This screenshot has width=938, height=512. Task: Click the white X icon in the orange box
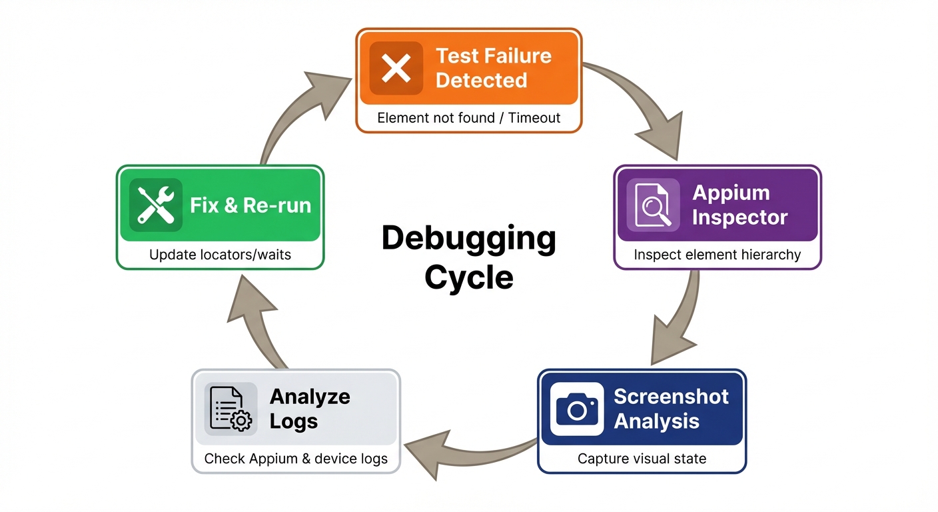pyautogui.click(x=396, y=68)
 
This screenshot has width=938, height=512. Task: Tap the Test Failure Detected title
pyautogui.click(x=493, y=68)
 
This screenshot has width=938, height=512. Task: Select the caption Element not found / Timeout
pyautogui.click(x=468, y=119)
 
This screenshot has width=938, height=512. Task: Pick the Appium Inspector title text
pyautogui.click(x=739, y=205)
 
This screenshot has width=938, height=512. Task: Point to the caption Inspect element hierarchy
pyautogui.click(x=717, y=255)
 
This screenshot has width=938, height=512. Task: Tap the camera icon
pyautogui.click(x=576, y=409)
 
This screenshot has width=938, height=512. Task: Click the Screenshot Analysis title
pyautogui.click(x=671, y=409)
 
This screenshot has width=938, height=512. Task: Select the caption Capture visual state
pyautogui.click(x=642, y=459)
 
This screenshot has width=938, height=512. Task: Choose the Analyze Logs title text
pyautogui.click(x=310, y=409)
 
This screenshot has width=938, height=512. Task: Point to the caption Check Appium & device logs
pyautogui.click(x=296, y=459)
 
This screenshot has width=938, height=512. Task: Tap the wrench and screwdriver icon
pyautogui.click(x=155, y=205)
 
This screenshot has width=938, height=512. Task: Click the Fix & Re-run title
pyautogui.click(x=250, y=205)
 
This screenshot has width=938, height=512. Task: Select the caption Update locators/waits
pyautogui.click(x=220, y=255)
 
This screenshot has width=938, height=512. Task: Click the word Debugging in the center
pyautogui.click(x=468, y=239)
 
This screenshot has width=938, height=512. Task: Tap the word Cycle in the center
pyautogui.click(x=468, y=277)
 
